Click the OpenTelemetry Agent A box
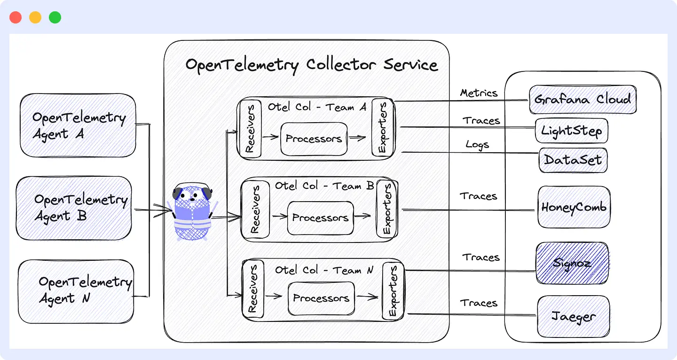78,125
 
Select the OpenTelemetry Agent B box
74,208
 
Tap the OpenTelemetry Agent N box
76,291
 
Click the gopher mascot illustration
192,211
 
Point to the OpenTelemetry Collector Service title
311,64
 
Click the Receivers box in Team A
250,128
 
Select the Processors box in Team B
320,218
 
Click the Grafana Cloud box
583,100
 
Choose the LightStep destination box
571,130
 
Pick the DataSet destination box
573,160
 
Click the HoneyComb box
574,207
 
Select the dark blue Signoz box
572,263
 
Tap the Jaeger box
573,316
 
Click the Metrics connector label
479,93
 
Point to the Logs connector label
477,145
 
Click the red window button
16,18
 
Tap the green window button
55,18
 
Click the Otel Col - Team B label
324,186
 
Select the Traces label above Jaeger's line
479,303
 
